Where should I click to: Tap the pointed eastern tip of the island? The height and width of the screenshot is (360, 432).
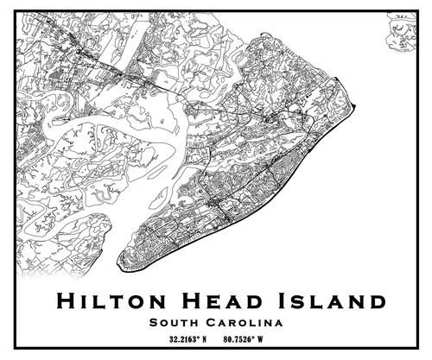click(x=354, y=107)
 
